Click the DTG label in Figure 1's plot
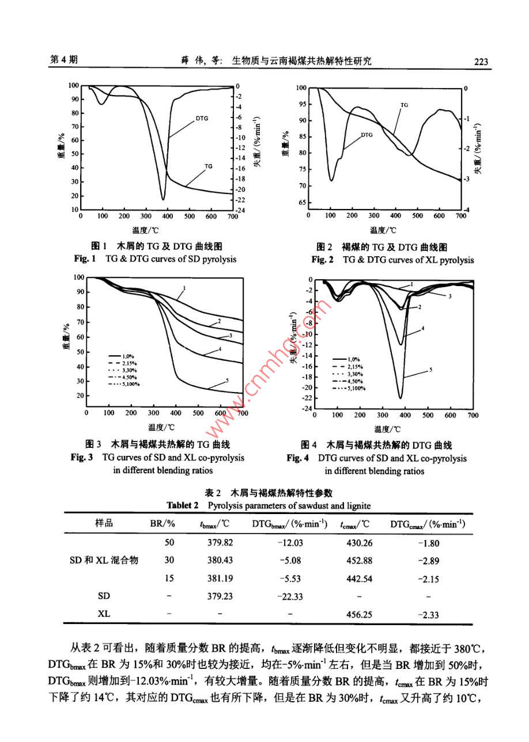tap(202, 119)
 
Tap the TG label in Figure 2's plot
tap(404, 105)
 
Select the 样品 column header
tap(104, 523)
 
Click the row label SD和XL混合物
tap(104, 560)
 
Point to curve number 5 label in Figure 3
tap(228, 380)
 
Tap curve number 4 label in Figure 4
tap(424, 328)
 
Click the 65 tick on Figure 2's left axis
tap(302, 203)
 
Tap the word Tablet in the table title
tap(180, 505)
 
